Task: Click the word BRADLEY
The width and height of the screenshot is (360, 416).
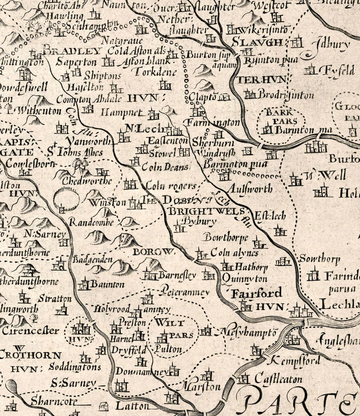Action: pos(72,51)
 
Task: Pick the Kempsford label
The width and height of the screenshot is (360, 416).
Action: pos(296,360)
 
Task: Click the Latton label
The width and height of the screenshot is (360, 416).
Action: pos(132,406)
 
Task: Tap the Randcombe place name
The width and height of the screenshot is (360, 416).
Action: pos(91,222)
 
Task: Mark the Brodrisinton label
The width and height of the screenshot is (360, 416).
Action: pos(286,96)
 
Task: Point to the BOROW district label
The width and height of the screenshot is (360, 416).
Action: pos(154,252)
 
